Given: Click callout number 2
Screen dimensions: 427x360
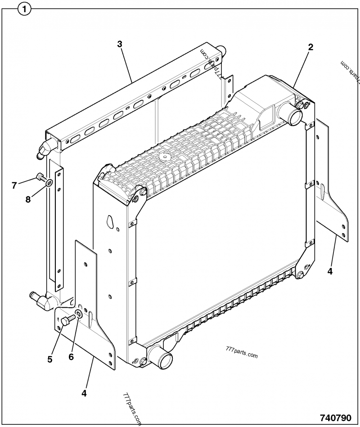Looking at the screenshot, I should [x=310, y=47].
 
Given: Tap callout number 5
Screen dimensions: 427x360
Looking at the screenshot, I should [x=50, y=359].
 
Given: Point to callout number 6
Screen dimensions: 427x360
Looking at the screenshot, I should [x=71, y=357].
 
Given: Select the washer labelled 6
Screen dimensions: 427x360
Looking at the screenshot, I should [x=78, y=314].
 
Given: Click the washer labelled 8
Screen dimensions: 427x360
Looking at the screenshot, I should [x=49, y=183].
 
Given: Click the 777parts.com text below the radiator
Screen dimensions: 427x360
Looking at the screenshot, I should [x=240, y=354].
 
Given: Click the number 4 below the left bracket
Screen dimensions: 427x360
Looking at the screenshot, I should [x=84, y=393].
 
